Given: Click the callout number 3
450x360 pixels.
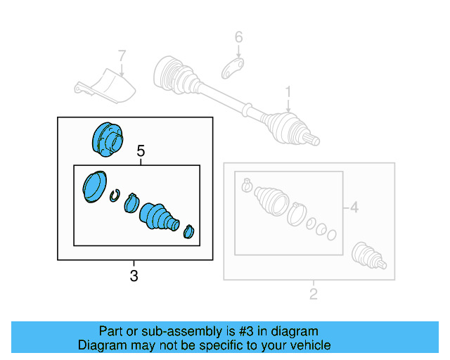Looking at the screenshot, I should (134, 276).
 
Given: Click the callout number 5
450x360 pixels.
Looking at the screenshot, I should (141, 150).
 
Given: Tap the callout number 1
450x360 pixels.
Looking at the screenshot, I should (288, 92).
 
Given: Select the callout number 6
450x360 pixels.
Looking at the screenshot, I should (238, 37).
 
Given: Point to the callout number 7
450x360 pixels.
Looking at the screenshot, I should (122, 55).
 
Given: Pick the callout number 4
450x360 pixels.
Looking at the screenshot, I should (354, 207).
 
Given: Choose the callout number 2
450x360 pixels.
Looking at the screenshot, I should (314, 293).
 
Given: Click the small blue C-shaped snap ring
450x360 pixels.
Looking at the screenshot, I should (115, 195).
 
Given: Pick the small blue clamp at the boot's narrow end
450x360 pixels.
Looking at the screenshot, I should (188, 231).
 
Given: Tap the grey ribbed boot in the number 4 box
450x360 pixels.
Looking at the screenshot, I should (271, 199).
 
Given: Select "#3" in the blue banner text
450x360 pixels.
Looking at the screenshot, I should (245, 331).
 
